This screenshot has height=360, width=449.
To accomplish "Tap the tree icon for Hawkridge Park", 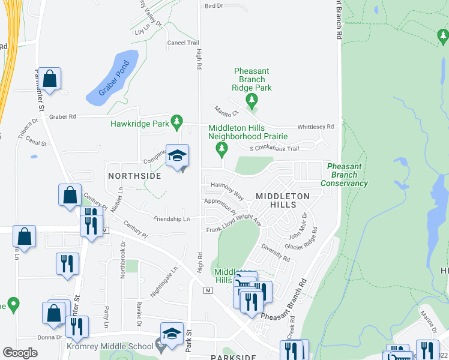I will pos(176,123).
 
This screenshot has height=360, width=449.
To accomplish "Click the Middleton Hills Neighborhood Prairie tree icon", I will pos(222,148).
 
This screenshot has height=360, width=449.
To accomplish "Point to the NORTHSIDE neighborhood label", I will pos(134,176).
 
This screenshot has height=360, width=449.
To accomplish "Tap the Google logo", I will pos(20,353).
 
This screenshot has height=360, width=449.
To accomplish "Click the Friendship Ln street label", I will pos(172,219).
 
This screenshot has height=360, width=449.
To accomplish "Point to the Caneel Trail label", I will pos(182,43).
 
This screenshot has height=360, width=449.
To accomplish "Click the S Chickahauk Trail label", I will pos(273,149).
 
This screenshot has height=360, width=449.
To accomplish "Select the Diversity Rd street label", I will pos(276,253).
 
